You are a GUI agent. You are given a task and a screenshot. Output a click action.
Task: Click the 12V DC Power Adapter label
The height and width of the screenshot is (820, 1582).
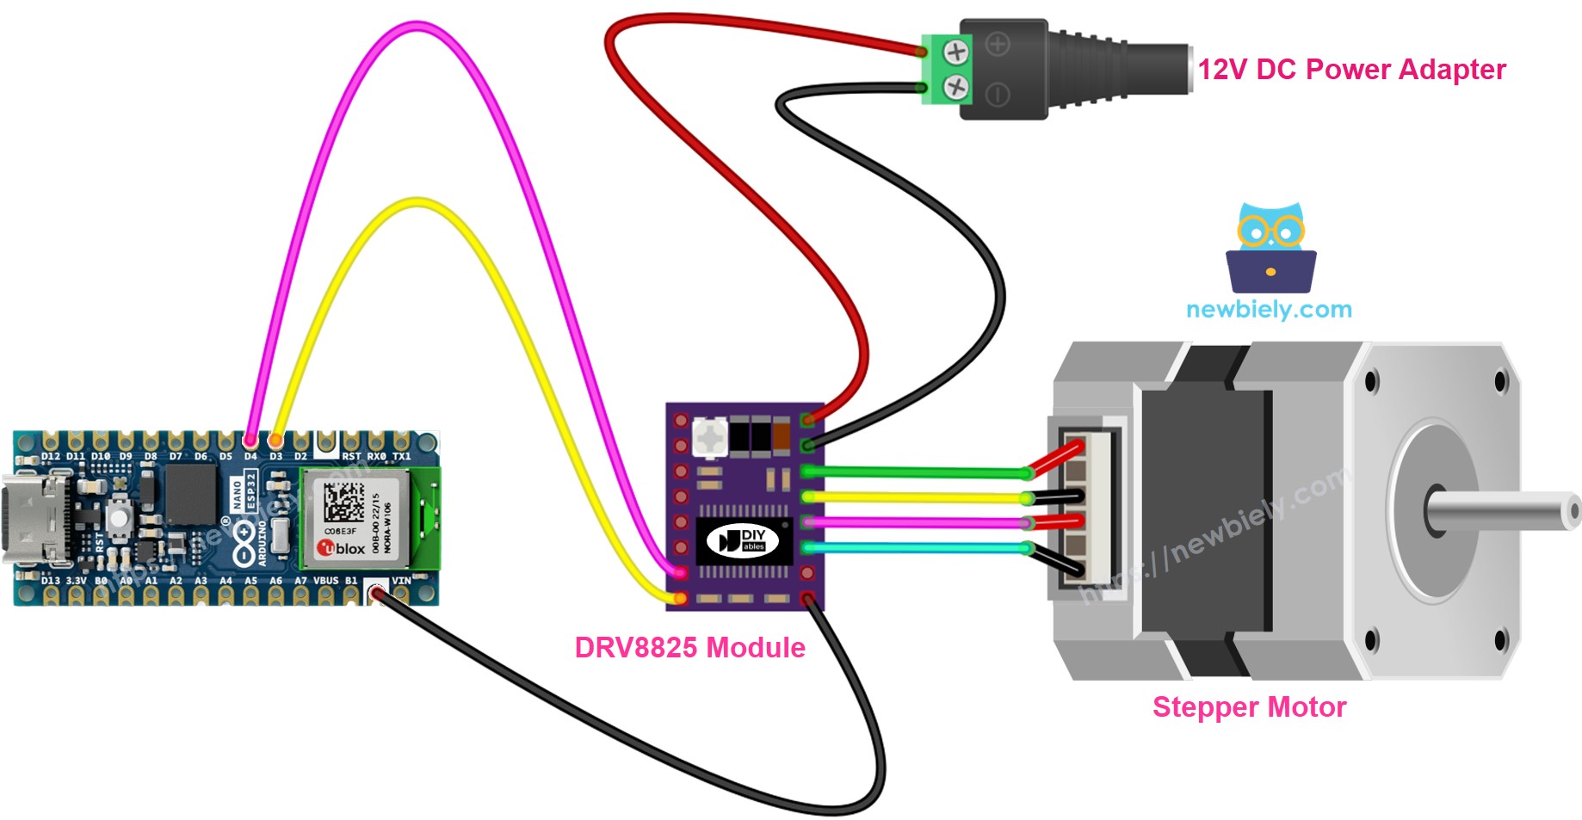(x=1351, y=69)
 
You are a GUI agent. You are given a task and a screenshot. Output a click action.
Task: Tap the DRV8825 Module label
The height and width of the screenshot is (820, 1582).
(x=689, y=647)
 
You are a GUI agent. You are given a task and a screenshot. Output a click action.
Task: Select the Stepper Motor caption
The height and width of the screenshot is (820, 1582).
(x=1249, y=706)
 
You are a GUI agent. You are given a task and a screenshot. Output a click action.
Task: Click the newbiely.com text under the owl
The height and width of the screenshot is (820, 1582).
(x=1269, y=309)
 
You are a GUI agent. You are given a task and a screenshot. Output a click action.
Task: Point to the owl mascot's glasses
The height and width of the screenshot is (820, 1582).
(x=1270, y=230)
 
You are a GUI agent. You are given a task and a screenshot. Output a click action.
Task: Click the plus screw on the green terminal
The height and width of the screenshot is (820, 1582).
(x=956, y=52)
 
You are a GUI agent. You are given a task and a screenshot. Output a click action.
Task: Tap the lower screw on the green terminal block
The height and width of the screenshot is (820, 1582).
(x=956, y=86)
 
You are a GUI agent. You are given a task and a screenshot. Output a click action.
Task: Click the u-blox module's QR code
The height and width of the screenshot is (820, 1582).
(x=343, y=502)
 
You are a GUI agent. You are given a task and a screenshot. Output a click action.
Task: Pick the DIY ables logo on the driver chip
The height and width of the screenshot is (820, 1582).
(x=742, y=540)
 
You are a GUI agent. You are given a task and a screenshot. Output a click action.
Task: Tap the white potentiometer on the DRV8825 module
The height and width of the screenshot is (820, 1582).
(x=709, y=437)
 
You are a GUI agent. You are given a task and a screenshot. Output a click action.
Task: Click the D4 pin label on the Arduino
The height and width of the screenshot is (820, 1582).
(x=250, y=456)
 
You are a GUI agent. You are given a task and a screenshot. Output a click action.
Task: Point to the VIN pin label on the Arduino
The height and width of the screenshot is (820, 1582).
(x=401, y=581)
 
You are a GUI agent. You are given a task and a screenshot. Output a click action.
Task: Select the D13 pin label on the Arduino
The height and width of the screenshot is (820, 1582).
(x=51, y=581)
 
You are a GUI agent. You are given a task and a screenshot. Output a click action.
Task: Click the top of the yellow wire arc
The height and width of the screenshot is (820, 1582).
(x=417, y=203)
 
